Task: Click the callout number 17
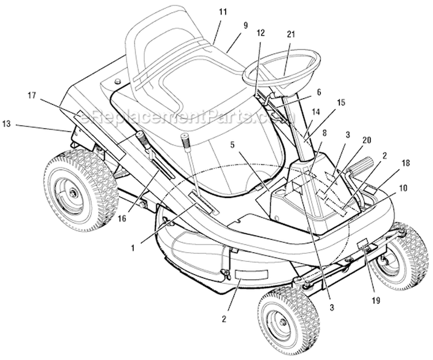click(32, 95)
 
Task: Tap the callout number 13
click(6, 124)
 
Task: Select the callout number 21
click(291, 35)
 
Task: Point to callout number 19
click(376, 300)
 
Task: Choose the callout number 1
click(133, 248)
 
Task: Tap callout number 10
click(403, 188)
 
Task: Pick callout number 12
click(260, 33)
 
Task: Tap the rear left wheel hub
click(72, 192)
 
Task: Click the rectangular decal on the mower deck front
click(251, 275)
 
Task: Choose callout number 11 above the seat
click(223, 12)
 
